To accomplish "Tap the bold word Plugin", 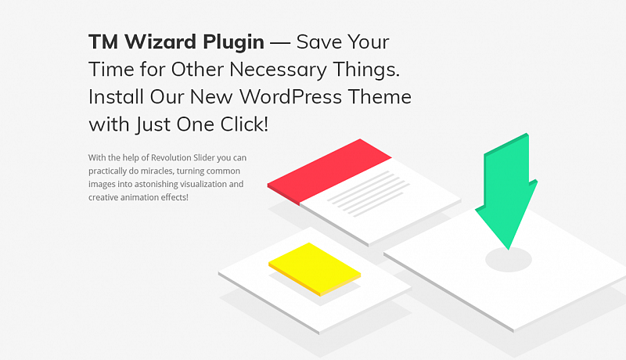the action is (x=233, y=43).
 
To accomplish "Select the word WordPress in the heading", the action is (x=290, y=96).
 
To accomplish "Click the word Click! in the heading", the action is (x=244, y=124).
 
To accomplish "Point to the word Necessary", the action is (x=278, y=70).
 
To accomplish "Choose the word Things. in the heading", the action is (x=366, y=70).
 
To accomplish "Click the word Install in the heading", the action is (x=116, y=96).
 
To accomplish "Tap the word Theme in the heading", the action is (x=380, y=96).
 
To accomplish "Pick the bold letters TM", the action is (x=103, y=42).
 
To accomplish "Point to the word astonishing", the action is (x=156, y=185).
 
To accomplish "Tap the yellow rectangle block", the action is (x=315, y=269).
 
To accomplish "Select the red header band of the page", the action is (x=329, y=171).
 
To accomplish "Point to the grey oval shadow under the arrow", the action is (x=508, y=260).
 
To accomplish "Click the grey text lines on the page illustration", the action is (x=368, y=194).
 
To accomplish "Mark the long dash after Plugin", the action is (x=280, y=43).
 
